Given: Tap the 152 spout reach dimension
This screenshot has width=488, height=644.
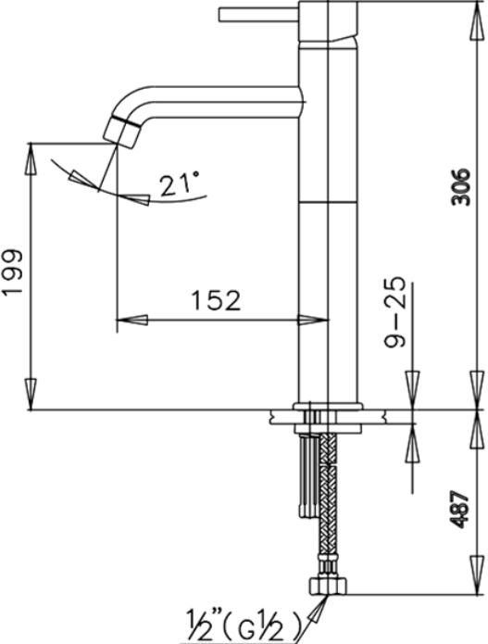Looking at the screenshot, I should tap(215, 300).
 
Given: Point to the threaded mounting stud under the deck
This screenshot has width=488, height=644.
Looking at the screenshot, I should tap(303, 473).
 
